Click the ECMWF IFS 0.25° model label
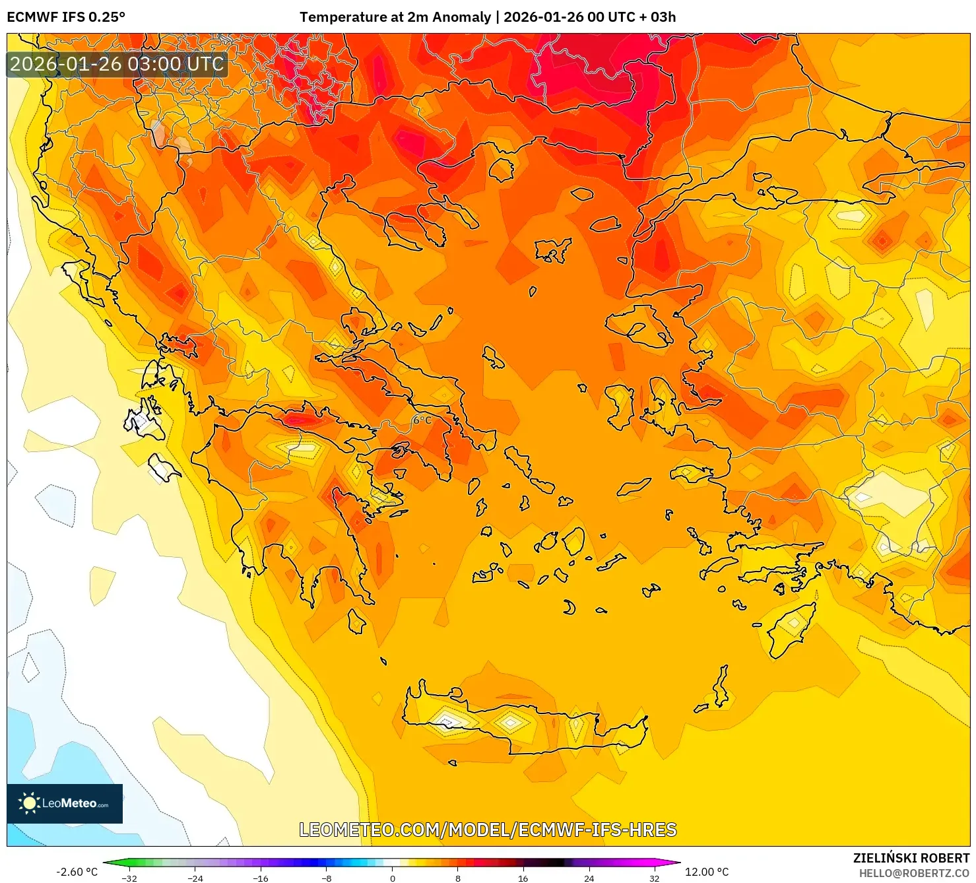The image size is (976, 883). pos(66,17)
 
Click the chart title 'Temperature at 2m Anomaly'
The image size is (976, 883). pos(395,17)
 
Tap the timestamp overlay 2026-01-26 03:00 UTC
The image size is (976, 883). pos(117,65)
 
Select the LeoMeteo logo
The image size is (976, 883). pos(65,803)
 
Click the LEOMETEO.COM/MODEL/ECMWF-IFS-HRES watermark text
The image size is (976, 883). pos(488,830)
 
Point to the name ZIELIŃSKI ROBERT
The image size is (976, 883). pos(911,859)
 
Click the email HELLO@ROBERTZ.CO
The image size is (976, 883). pos(914,873)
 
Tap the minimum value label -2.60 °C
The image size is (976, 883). pos(77,872)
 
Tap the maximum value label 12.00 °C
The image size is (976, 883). pos(707,872)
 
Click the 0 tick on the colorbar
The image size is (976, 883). pos(393,878)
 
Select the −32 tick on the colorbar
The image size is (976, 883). pos(129,878)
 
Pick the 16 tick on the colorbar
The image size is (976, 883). pos(523,878)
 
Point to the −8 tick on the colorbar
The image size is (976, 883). pos(327,878)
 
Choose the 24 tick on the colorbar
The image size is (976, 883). pos(589,878)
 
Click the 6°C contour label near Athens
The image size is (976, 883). pos(422,420)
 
